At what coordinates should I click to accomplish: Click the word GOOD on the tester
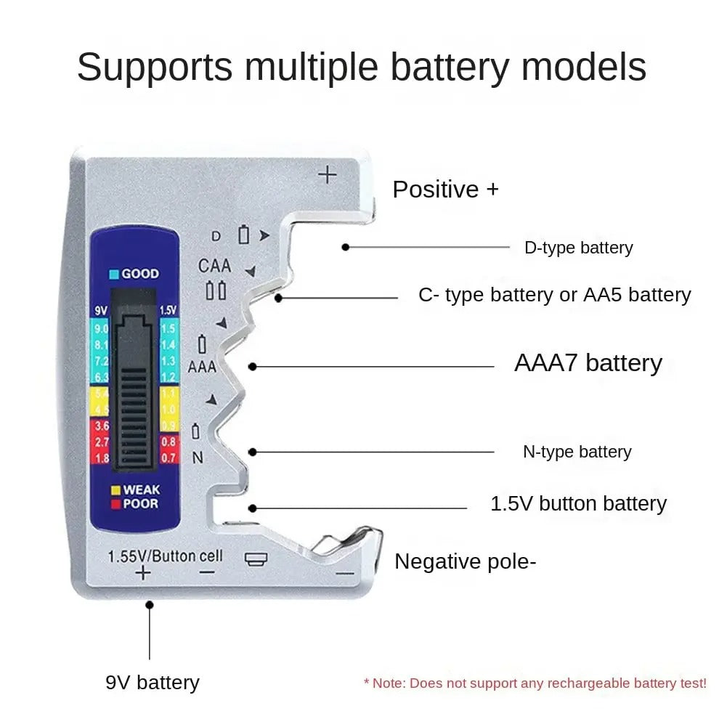[x=139, y=274]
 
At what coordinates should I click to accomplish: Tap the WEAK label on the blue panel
[x=141, y=490]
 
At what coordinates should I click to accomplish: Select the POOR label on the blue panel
[x=140, y=504]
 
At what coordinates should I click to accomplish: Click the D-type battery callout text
[x=578, y=248]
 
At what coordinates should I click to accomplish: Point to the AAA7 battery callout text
[x=588, y=363]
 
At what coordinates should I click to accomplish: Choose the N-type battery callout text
[x=577, y=452]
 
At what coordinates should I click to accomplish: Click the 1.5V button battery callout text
[x=578, y=503]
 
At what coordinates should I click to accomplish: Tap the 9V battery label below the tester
[x=152, y=683]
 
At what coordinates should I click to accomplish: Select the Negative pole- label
[x=466, y=561]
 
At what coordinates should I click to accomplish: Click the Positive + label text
[x=445, y=190]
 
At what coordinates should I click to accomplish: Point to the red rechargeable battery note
[x=535, y=683]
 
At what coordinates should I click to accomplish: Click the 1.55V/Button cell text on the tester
[x=165, y=556]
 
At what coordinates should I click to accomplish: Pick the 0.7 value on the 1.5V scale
[x=168, y=458]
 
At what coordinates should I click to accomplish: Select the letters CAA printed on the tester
[x=214, y=266]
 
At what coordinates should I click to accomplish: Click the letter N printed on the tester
[x=198, y=458]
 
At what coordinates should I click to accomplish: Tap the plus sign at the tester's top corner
[x=328, y=174]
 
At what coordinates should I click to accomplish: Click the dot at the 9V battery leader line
[x=150, y=604]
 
